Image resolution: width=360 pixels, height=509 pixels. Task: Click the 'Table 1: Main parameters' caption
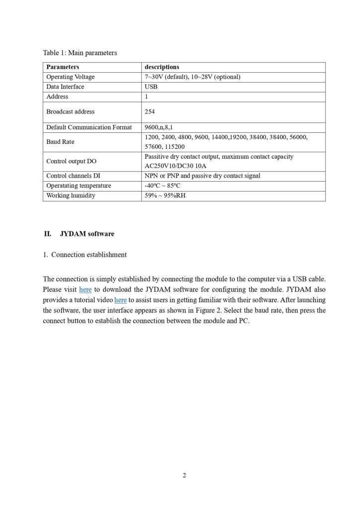[80, 53]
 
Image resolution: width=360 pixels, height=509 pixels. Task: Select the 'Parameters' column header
[63, 67]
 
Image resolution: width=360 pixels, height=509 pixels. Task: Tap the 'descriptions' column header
[162, 67]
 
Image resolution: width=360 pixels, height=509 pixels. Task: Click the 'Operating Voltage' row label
[70, 77]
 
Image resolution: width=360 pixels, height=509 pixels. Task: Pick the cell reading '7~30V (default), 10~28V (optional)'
[192, 77]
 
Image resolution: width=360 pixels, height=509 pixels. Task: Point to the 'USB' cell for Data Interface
[151, 87]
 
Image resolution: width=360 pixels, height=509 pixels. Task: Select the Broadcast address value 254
[150, 111]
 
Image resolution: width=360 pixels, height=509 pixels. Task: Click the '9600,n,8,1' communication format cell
[159, 127]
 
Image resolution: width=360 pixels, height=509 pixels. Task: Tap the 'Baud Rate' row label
[60, 142]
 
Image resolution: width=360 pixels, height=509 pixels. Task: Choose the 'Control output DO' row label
[71, 161]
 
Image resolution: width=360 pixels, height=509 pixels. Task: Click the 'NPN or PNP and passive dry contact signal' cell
[202, 176]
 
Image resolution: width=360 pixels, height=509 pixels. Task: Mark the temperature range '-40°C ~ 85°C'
[162, 186]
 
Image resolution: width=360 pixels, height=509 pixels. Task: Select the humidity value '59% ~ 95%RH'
[165, 196]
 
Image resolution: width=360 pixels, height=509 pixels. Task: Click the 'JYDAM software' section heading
[87, 233]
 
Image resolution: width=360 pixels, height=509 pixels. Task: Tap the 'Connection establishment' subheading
[89, 254]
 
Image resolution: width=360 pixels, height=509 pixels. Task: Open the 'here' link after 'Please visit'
[85, 289]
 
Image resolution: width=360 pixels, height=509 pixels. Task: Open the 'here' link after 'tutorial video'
[120, 300]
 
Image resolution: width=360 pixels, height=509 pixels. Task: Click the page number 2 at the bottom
[184, 475]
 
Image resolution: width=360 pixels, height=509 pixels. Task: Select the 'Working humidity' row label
[71, 196]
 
